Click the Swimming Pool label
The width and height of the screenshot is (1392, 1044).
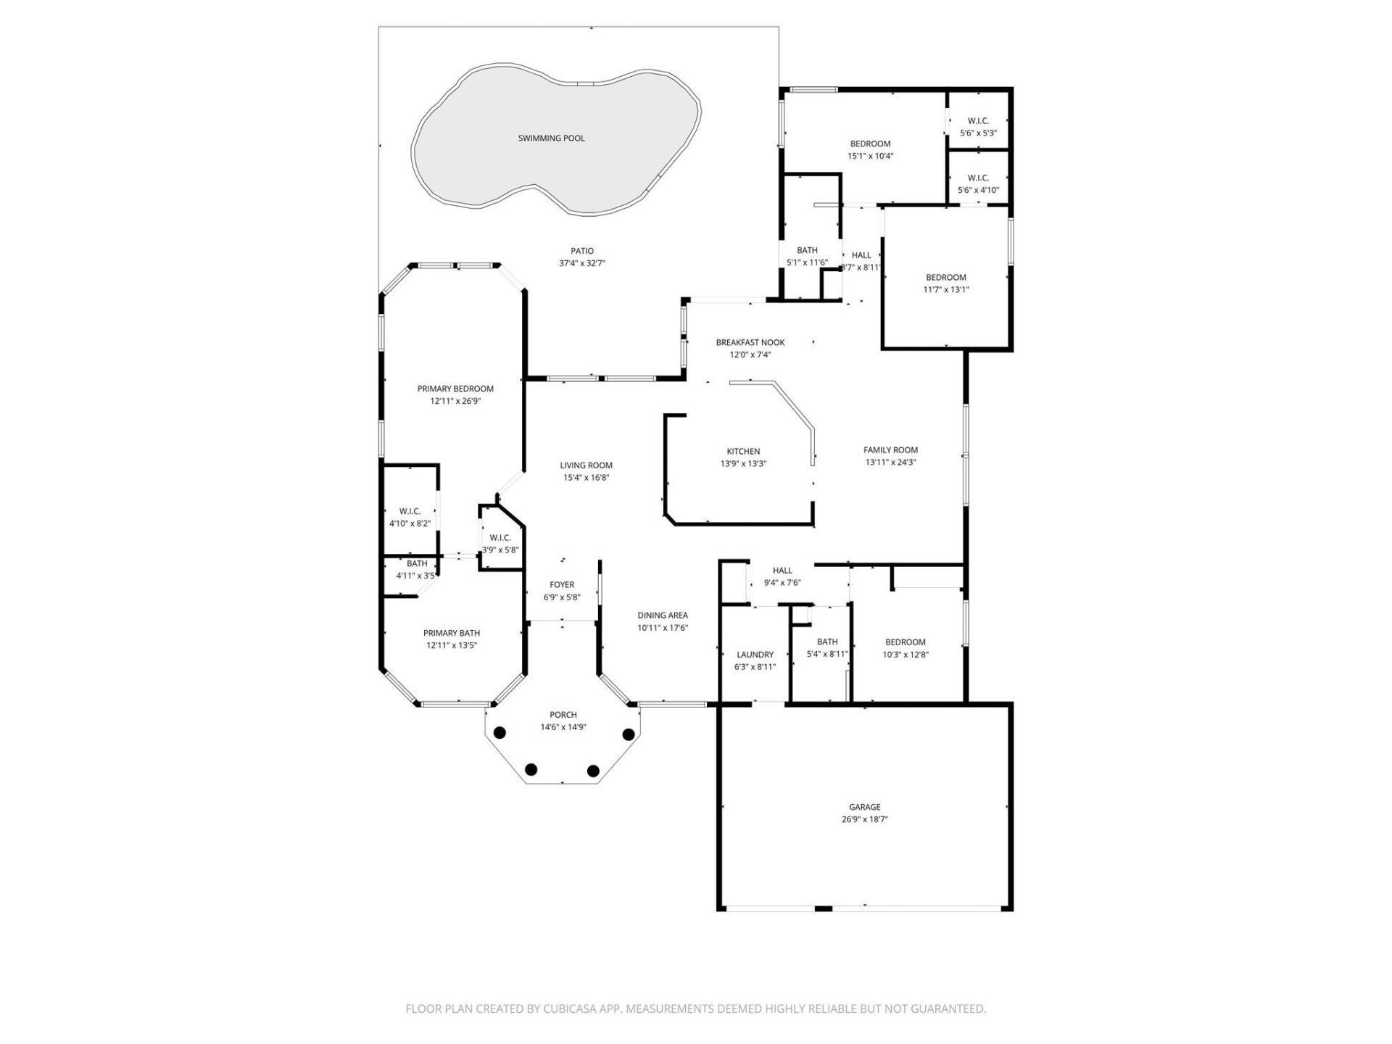coord(551,138)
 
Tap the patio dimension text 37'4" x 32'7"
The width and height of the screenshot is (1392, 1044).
coord(581,263)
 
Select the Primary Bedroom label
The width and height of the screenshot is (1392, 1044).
coord(455,389)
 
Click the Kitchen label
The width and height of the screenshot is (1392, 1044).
coord(743,451)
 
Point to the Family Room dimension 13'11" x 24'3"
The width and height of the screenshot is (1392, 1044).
coord(890,462)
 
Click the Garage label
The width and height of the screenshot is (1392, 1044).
coord(864,806)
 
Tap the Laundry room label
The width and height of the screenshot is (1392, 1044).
coord(755,654)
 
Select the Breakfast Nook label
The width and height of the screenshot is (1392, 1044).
coord(750,342)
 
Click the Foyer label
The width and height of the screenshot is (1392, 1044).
coord(562,584)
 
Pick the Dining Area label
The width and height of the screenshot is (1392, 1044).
coord(663,615)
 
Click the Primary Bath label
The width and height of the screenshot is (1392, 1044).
coord(452,632)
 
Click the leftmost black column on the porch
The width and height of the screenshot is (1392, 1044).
coord(499,733)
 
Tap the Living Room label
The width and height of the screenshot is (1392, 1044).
coord(586,465)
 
